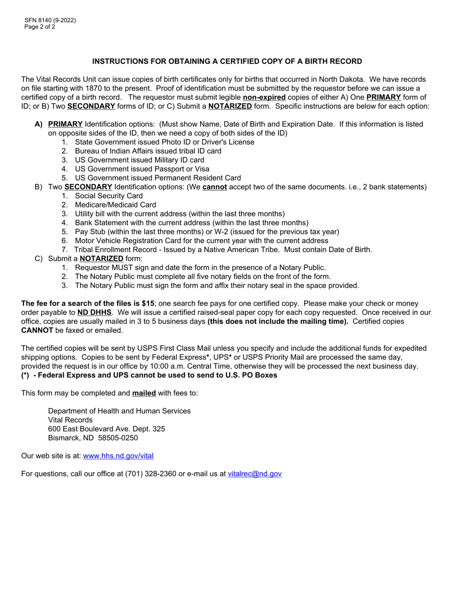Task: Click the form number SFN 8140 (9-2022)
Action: [50, 20]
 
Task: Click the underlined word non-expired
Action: [264, 97]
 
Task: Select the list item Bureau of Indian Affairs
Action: [148, 151]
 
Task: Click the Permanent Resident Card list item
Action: [158, 178]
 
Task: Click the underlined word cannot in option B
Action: [215, 187]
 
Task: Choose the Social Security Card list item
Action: [108, 196]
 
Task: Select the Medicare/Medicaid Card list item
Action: [115, 205]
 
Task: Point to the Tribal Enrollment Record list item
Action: [223, 249]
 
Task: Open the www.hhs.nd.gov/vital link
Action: [118, 456]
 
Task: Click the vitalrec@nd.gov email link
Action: [255, 474]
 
